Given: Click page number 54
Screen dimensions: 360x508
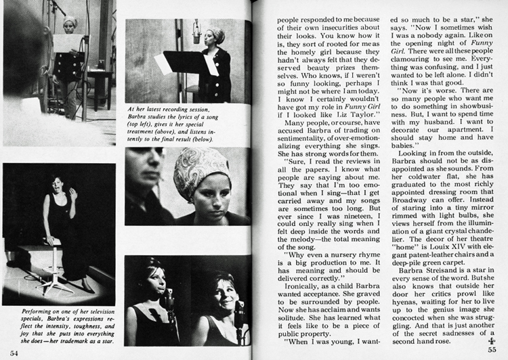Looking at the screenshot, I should tap(14, 353).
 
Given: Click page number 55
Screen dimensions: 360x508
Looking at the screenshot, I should tap(495, 352).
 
